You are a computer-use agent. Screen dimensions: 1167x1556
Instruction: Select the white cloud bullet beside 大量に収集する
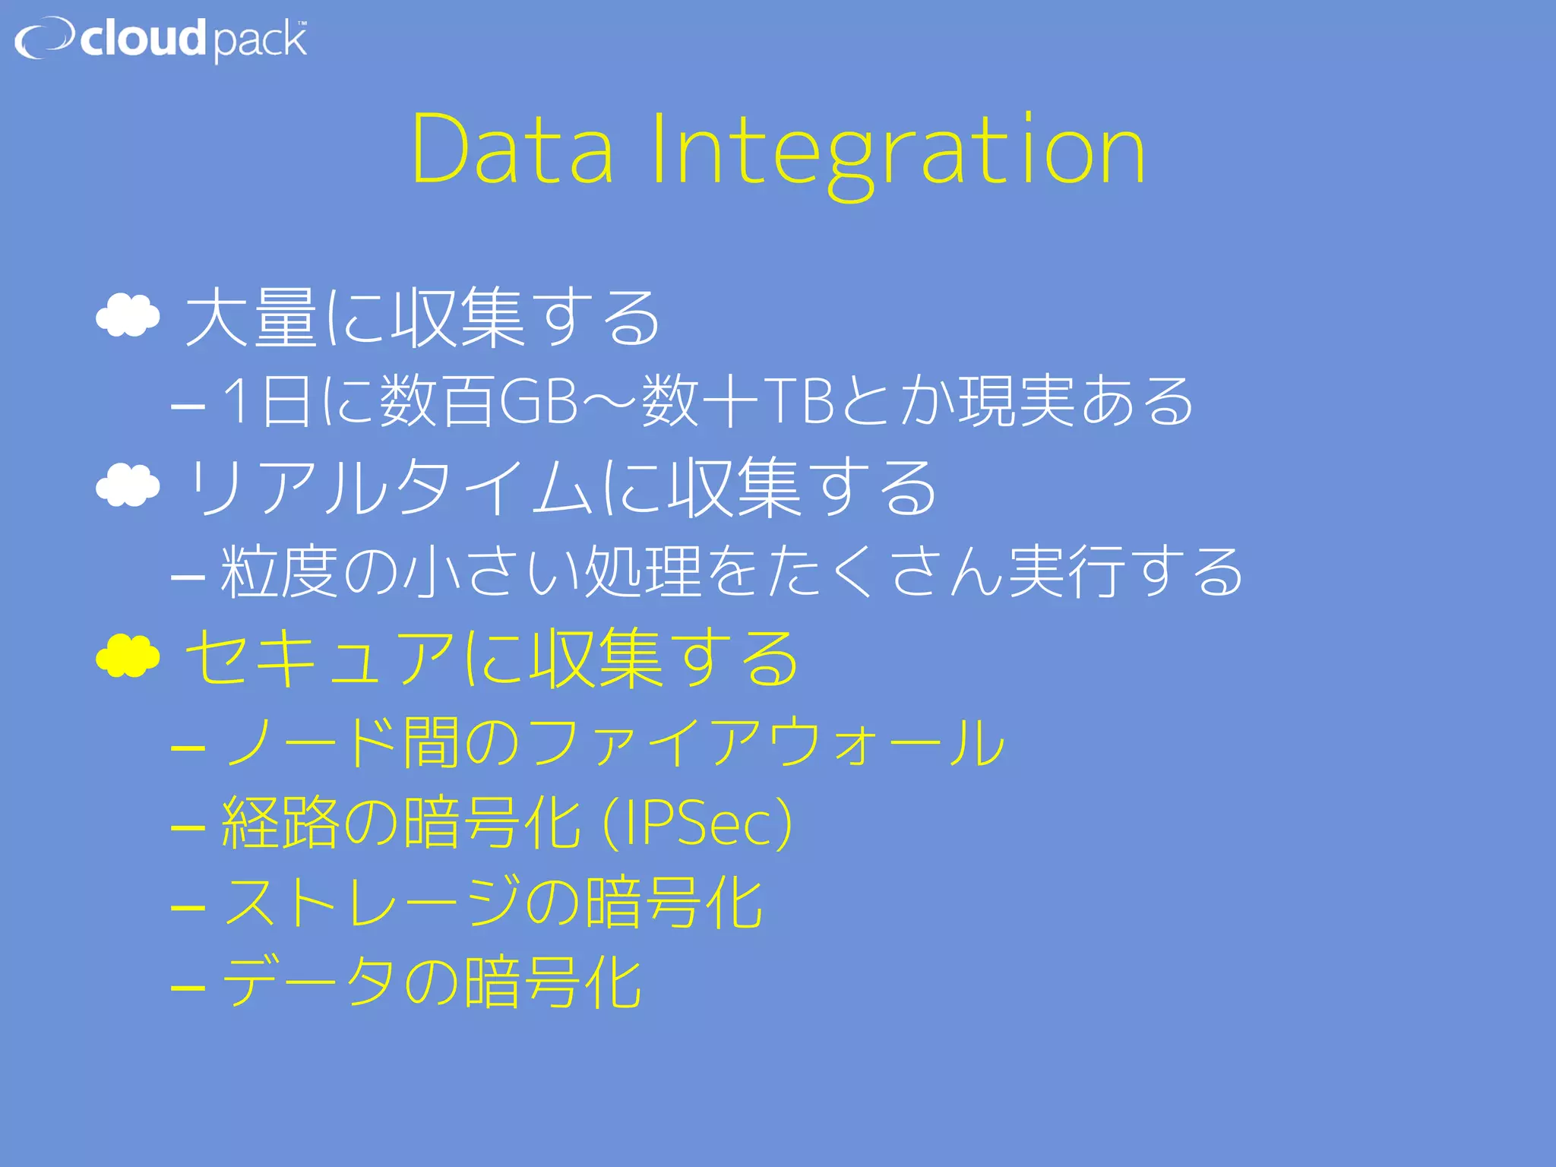pos(128,315)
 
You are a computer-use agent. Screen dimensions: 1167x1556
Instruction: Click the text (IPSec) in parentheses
pos(697,823)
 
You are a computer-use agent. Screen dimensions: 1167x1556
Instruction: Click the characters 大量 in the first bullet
pos(251,318)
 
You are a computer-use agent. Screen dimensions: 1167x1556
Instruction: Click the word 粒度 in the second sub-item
pos(279,571)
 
